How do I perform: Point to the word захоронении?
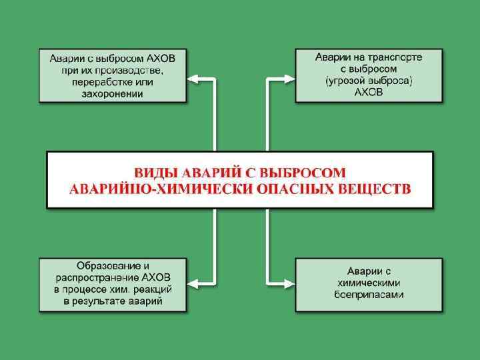click(x=113, y=94)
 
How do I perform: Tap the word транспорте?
click(x=393, y=57)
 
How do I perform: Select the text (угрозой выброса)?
click(x=369, y=81)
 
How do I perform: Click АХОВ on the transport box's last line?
click(x=369, y=93)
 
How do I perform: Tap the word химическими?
click(x=369, y=283)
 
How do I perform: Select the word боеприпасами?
click(x=369, y=295)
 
